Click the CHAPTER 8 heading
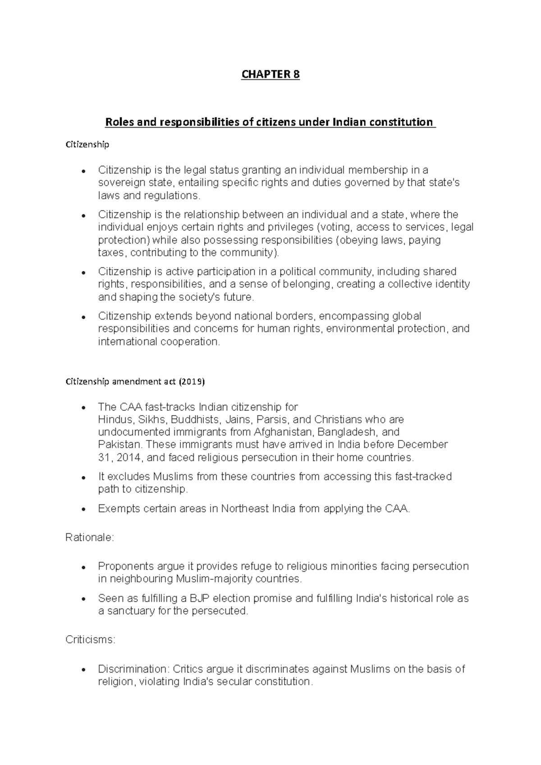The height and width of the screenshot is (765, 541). point(270,74)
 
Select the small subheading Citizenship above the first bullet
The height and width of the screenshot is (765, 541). point(87,145)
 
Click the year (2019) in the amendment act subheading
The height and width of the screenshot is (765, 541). point(192,382)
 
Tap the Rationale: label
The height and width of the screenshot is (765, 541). point(90,538)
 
